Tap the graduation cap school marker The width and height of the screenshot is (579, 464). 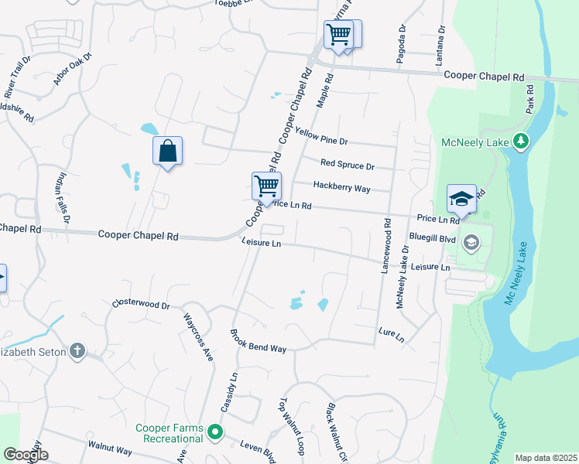pos(461,199)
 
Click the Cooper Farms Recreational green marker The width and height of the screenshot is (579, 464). pos(216,432)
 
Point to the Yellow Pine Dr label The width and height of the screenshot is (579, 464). pos(321,136)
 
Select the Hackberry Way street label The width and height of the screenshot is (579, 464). pos(341,186)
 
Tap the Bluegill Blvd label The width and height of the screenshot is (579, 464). pos(432,240)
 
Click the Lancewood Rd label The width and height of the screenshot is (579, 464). pos(385,244)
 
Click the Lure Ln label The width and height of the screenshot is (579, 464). pos(391,335)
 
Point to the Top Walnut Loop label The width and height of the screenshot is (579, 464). pos(288,421)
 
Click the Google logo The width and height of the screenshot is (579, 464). pos(26,455)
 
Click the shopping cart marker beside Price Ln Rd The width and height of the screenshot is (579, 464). pos(266,186)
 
